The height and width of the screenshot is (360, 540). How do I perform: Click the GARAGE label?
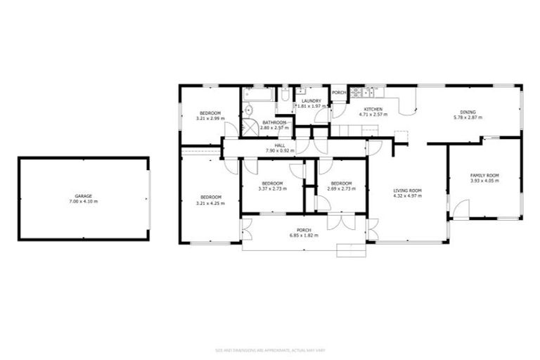click(x=84, y=196)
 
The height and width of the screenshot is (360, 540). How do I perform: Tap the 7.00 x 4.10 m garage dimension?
click(x=84, y=202)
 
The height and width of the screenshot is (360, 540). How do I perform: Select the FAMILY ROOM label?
click(x=484, y=175)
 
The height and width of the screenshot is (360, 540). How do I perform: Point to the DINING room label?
click(x=468, y=112)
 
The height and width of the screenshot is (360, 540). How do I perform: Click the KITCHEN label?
click(x=373, y=108)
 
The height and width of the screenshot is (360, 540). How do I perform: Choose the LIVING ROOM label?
click(x=407, y=191)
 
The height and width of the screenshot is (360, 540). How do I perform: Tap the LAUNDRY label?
click(x=311, y=101)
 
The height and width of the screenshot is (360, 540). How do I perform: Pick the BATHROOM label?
click(x=274, y=122)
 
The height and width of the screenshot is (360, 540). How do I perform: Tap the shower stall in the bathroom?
click(x=250, y=127)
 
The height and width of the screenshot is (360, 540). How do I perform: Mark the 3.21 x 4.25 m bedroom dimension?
click(x=210, y=202)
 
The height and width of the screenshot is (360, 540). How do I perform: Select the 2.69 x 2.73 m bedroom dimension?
click(x=341, y=188)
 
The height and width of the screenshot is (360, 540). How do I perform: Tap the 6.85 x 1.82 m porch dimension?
click(x=304, y=236)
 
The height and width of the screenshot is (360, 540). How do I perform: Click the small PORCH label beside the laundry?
click(x=339, y=93)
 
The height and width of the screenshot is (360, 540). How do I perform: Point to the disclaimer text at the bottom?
click(x=270, y=350)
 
